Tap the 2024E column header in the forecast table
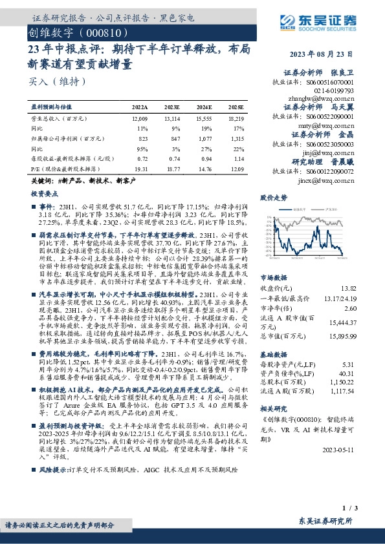(x=203, y=107)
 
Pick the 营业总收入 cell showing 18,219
(x=236, y=120)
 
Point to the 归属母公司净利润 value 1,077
(x=204, y=138)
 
